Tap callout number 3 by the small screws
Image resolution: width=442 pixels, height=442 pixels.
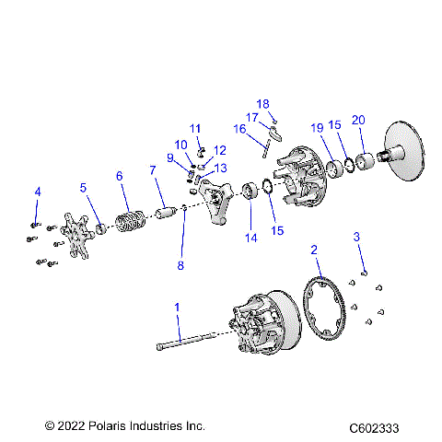click(x=356, y=238)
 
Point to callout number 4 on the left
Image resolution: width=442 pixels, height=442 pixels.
click(x=37, y=192)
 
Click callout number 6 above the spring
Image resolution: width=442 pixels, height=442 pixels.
click(x=119, y=176)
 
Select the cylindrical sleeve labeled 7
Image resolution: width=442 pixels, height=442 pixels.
click(x=166, y=216)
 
